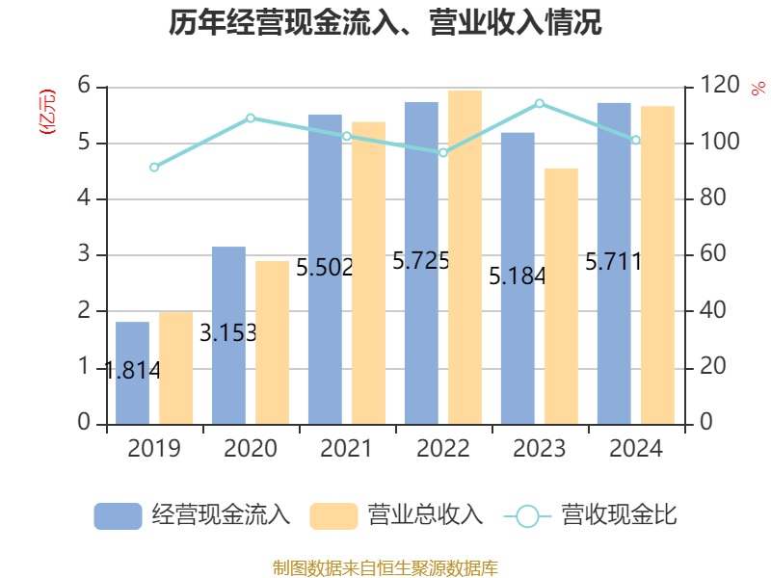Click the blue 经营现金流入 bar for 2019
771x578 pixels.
click(x=132, y=373)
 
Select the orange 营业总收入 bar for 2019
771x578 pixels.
click(x=176, y=367)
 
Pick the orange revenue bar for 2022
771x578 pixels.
click(x=465, y=256)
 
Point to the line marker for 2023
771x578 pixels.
click(x=540, y=103)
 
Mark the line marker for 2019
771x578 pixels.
click(x=154, y=168)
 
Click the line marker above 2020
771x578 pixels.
click(x=251, y=118)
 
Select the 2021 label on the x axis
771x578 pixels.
click(x=347, y=449)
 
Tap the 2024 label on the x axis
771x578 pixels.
click(x=636, y=449)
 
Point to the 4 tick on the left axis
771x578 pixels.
click(x=85, y=199)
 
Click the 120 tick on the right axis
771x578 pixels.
click(x=713, y=87)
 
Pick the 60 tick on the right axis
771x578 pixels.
click(x=709, y=255)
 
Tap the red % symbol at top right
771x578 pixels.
click(x=758, y=89)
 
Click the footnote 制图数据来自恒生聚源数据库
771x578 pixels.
click(x=385, y=567)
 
